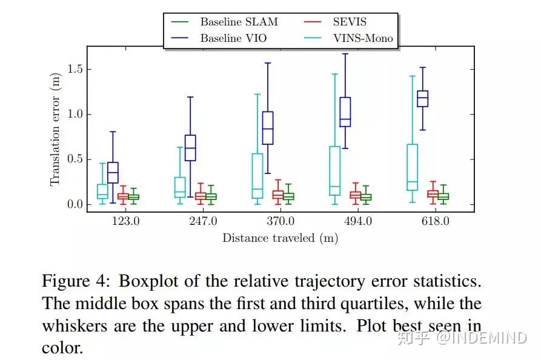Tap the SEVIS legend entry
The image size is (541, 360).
pyautogui.click(x=348, y=22)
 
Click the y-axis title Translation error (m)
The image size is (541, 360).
pyautogui.click(x=55, y=132)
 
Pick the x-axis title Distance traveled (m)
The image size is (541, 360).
pyautogui.click(x=280, y=238)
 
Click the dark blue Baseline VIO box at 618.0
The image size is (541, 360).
pyautogui.click(x=422, y=98)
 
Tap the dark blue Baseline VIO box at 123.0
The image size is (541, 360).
pyautogui.click(x=113, y=172)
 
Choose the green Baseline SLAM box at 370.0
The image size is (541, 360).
pyautogui.click(x=288, y=196)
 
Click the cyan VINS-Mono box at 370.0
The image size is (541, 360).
pyautogui.click(x=257, y=176)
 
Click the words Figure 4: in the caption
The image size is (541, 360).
pyautogui.click(x=77, y=281)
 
